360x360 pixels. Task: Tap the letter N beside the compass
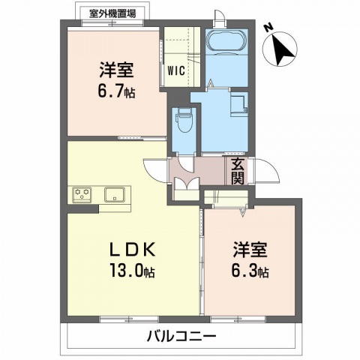tap(268, 28)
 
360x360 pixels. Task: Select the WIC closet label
tap(175, 73)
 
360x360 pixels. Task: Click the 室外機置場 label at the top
tap(112, 13)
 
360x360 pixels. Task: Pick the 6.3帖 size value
tap(251, 270)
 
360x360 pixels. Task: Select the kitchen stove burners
tap(82, 194)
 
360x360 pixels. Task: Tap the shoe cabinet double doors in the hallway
tap(185, 187)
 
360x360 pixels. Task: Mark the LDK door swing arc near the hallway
tap(155, 171)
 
